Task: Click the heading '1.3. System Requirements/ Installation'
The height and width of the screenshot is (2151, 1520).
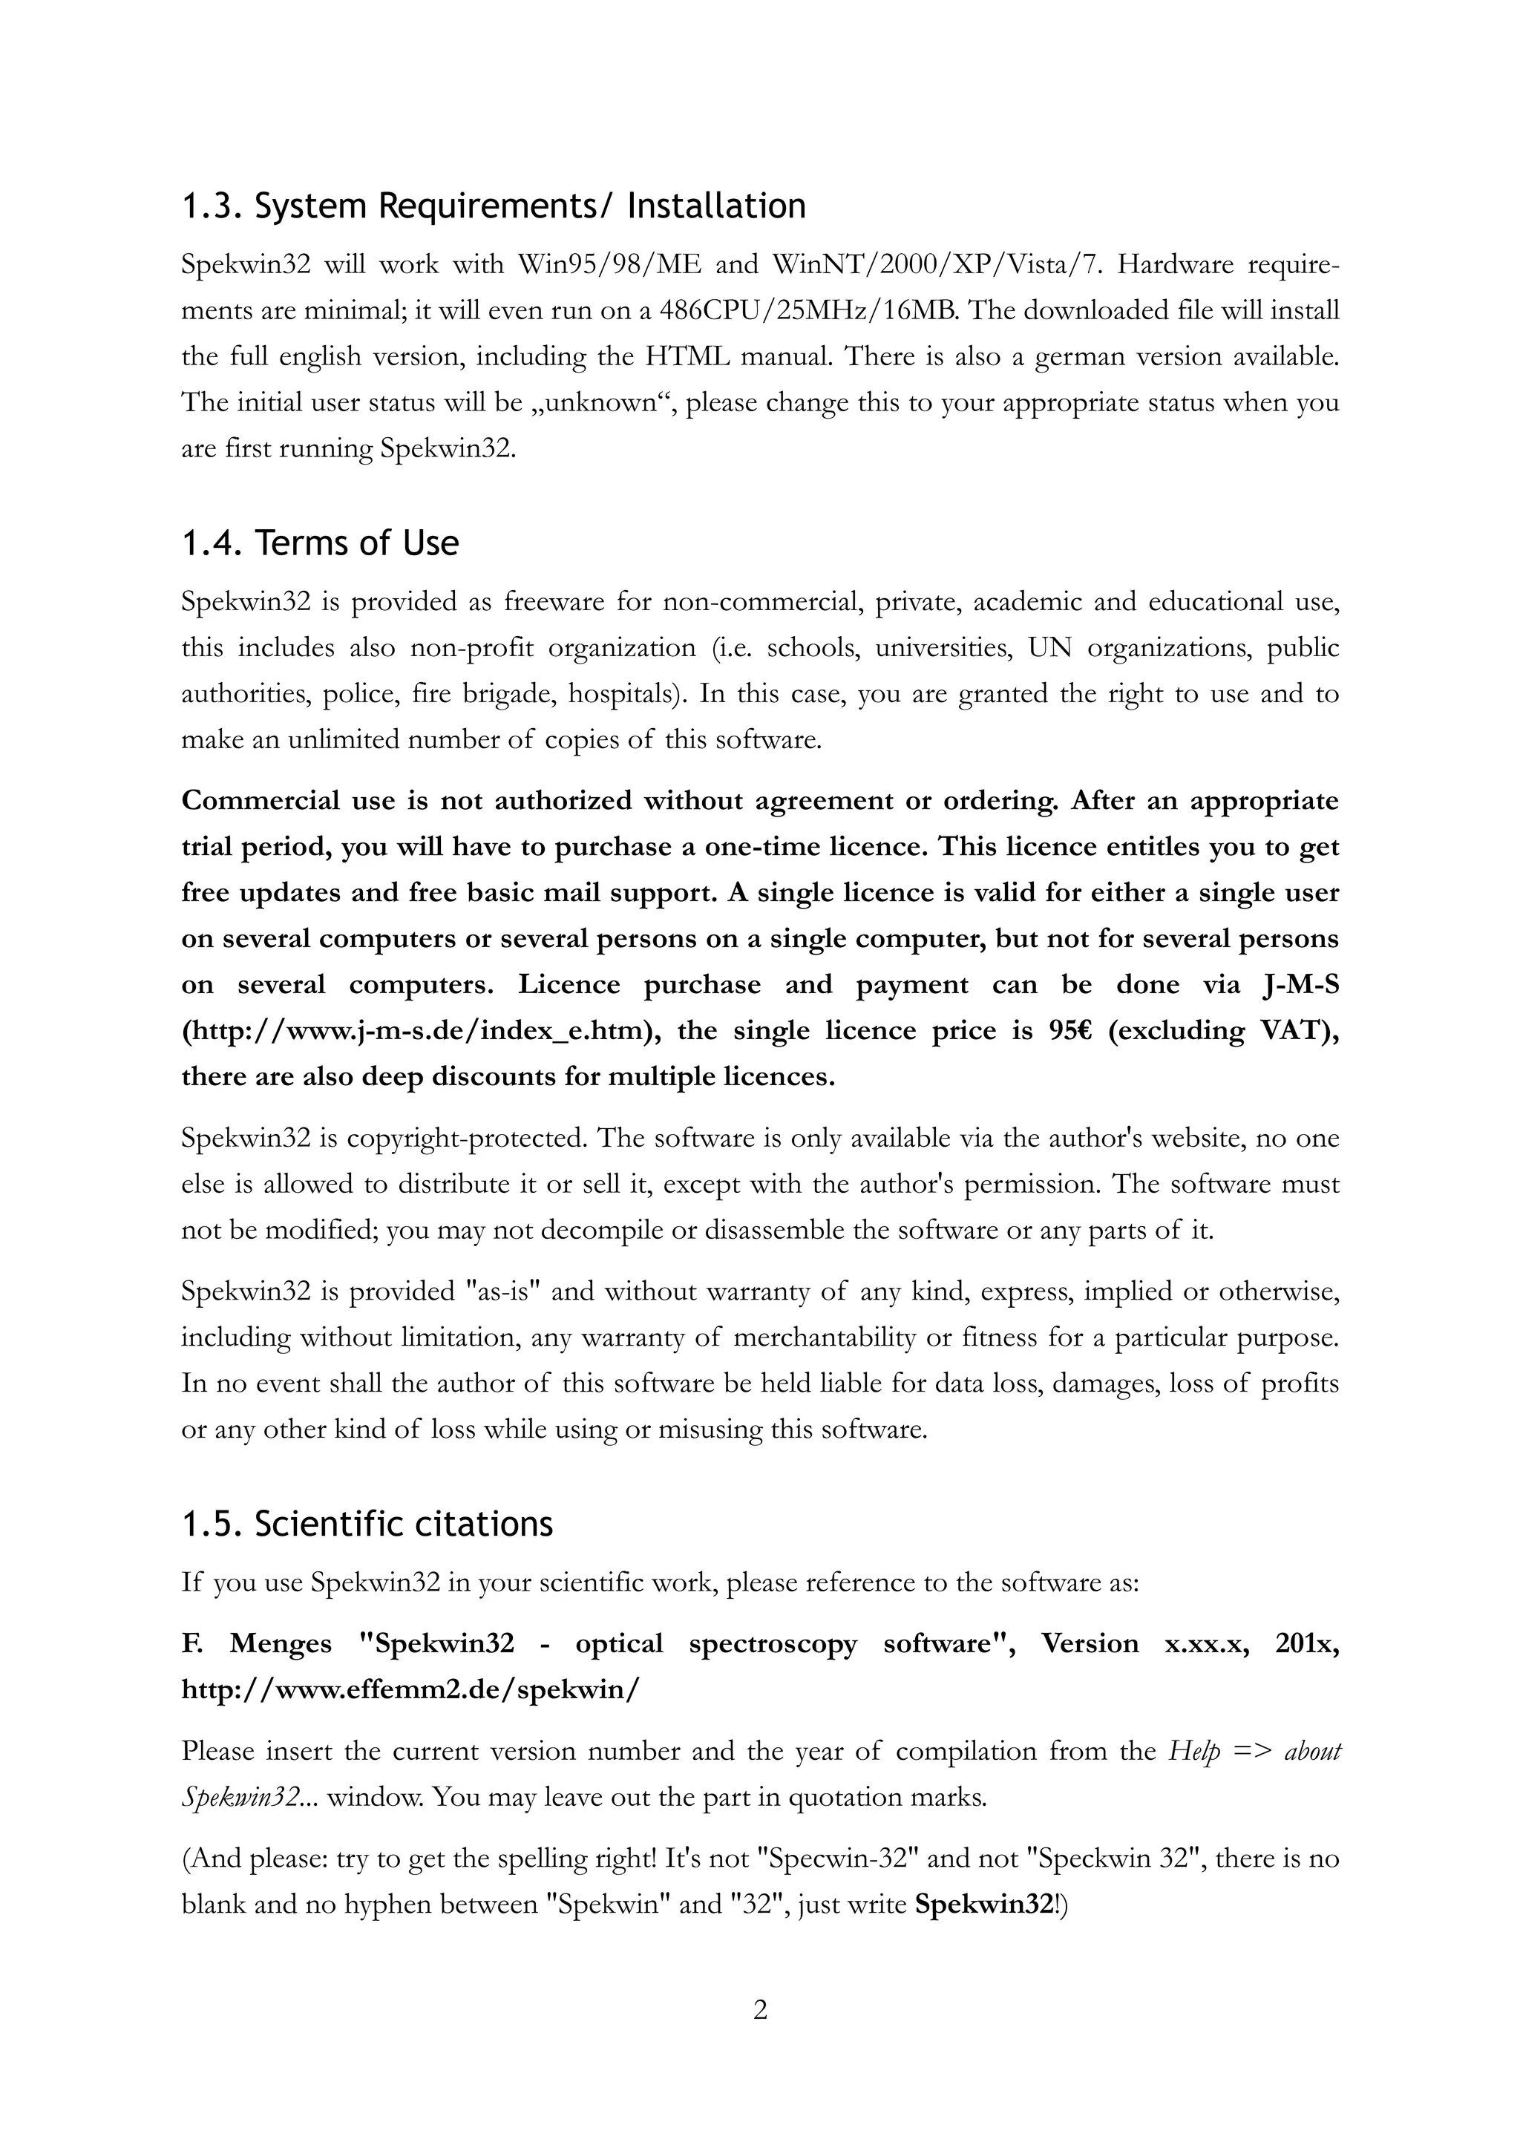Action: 493,205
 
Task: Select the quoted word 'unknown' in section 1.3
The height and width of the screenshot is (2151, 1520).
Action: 600,403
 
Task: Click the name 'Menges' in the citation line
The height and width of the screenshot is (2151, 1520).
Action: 280,1643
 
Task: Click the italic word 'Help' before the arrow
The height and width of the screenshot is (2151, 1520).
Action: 1193,1751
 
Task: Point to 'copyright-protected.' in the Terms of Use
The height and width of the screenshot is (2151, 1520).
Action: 466,1139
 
